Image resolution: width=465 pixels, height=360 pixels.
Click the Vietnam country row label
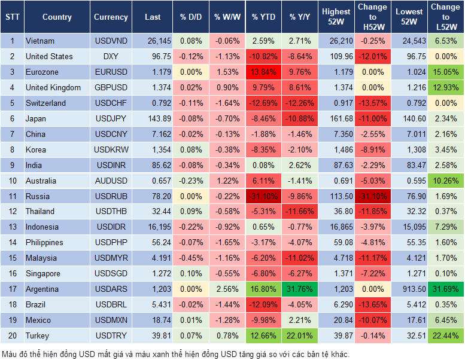coord(40,41)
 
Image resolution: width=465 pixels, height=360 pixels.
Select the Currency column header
coord(111,17)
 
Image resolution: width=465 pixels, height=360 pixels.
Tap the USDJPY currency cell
coord(111,118)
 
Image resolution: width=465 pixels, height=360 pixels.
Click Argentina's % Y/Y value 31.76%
coord(301,289)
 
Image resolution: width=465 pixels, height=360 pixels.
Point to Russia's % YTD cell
coord(263,196)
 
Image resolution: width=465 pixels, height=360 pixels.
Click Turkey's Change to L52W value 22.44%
coord(446,335)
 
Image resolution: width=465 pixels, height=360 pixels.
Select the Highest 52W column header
coord(336,17)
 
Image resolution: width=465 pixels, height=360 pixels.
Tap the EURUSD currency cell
coord(111,72)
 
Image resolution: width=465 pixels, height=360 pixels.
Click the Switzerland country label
coord(45,103)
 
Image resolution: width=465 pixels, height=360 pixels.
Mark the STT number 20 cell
coord(11,335)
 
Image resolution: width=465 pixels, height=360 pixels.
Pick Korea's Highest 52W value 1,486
coord(336,150)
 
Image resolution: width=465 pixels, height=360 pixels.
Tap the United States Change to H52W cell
coord(372,56)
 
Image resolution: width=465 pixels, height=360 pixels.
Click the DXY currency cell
coord(111,56)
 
